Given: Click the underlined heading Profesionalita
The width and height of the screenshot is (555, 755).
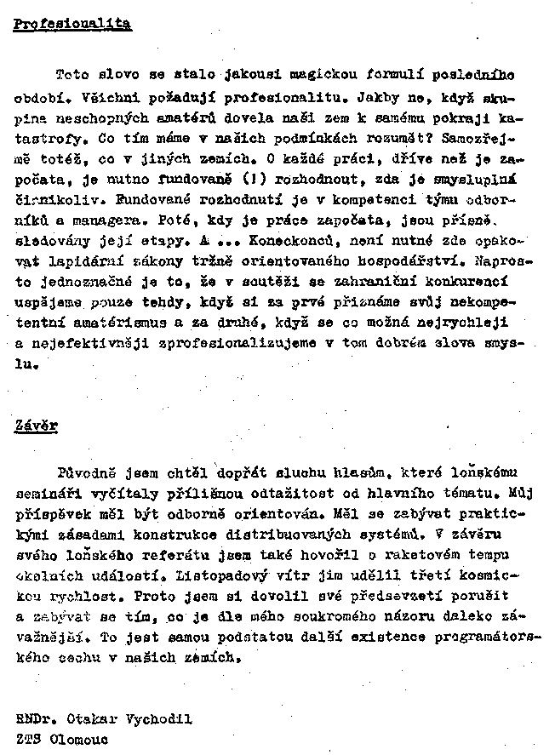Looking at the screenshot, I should click(x=72, y=24).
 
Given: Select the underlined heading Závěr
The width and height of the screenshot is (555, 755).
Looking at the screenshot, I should click(x=36, y=425).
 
